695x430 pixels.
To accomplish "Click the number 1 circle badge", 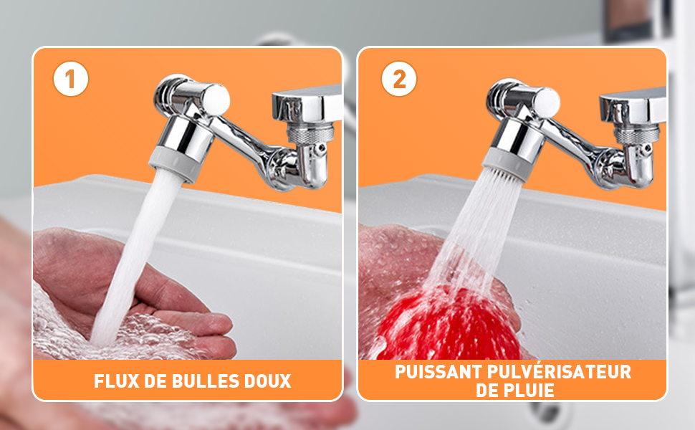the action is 71,79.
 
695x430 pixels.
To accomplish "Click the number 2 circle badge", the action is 399,79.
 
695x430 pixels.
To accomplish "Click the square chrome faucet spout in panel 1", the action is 307,105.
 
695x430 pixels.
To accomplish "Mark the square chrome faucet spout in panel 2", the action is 633,106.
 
